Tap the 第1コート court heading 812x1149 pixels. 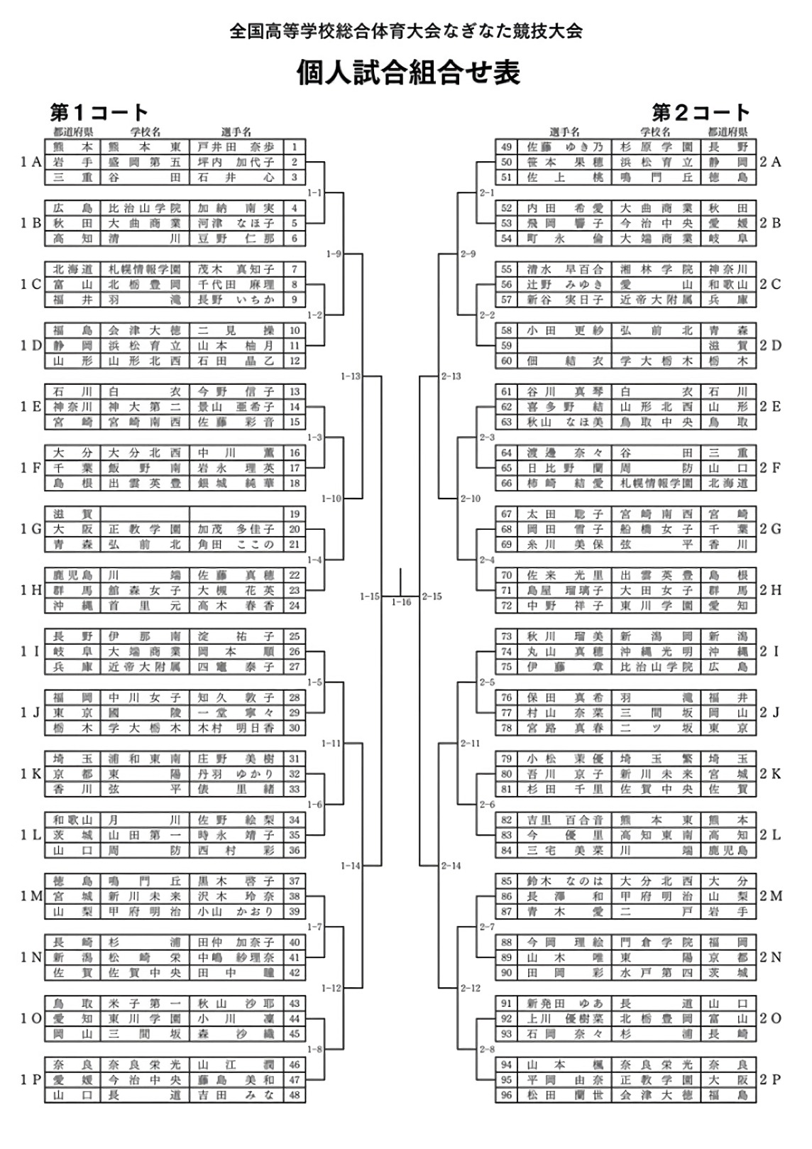[x=99, y=112]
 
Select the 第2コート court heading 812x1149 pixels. [x=701, y=112]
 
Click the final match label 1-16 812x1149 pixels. [x=401, y=602]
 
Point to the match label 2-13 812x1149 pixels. [x=451, y=376]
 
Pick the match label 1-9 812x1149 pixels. [x=334, y=254]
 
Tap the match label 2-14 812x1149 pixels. [x=451, y=866]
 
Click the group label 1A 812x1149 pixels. [x=31, y=162]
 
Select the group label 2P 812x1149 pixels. [x=770, y=1079]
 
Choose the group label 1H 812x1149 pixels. [x=31, y=590]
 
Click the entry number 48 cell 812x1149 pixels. [x=295, y=1095]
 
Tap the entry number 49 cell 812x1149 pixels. [x=506, y=147]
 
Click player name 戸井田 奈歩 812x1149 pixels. [x=236, y=147]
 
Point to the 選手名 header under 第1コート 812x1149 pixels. [x=236, y=132]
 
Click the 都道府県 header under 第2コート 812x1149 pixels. [x=728, y=132]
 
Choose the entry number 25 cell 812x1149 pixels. [x=295, y=636]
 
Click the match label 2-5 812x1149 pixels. [x=487, y=682]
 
